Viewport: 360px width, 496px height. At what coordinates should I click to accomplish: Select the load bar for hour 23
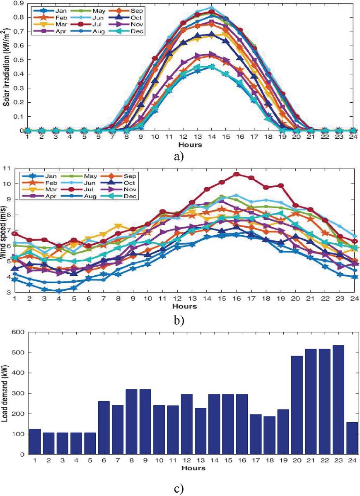338,400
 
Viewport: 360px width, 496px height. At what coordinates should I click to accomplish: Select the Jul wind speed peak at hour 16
237,174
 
